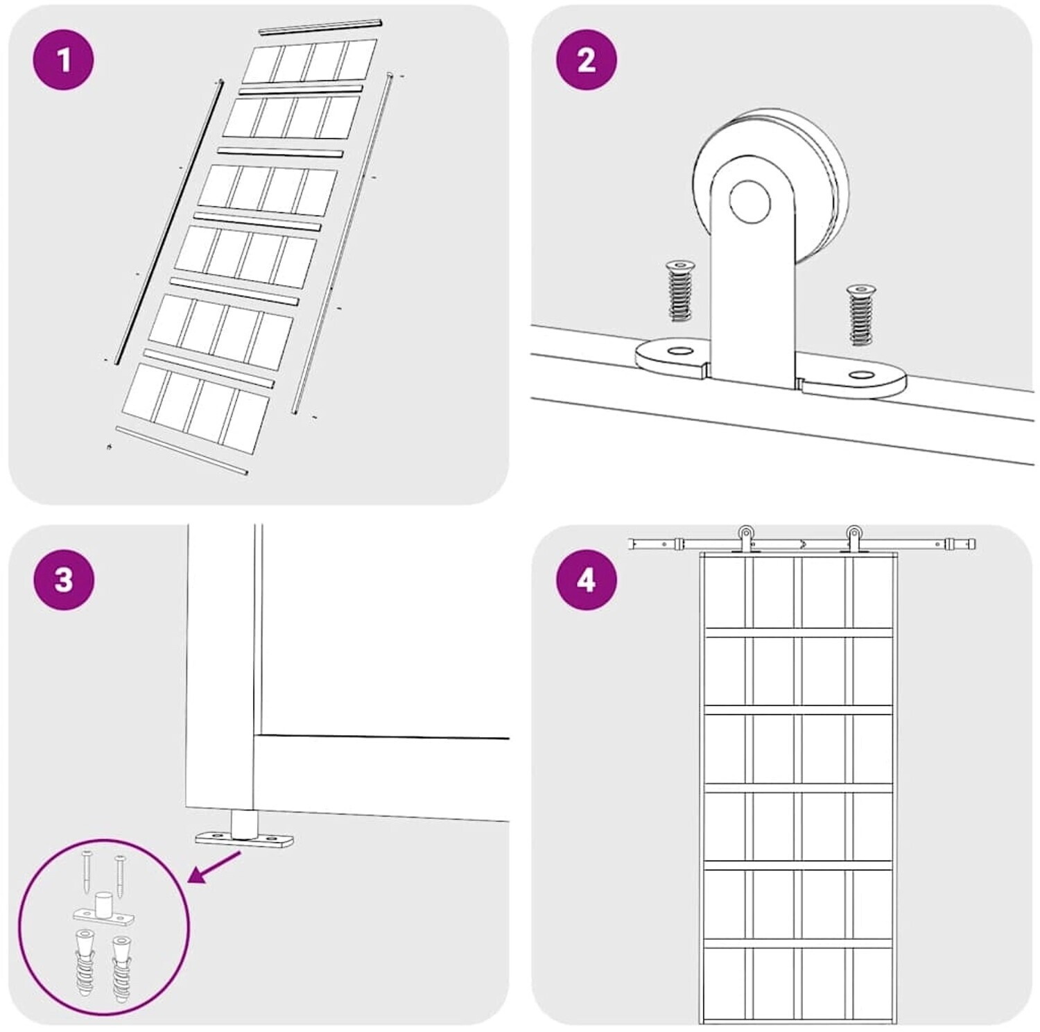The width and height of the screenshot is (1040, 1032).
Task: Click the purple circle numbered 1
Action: pyautogui.click(x=63, y=60)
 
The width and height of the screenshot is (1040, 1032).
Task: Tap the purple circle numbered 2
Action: pyautogui.click(x=586, y=60)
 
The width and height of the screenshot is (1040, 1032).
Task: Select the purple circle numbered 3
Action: pyautogui.click(x=63, y=580)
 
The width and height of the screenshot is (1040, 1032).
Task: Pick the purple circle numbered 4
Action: pyautogui.click(x=586, y=580)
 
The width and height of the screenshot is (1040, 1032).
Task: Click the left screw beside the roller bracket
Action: pyautogui.click(x=681, y=291)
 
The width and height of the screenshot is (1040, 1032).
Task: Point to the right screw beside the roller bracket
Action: pyautogui.click(x=861, y=314)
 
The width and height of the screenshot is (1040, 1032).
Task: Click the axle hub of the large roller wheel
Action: pyautogui.click(x=749, y=202)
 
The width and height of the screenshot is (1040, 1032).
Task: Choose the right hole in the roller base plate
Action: pyautogui.click(x=862, y=375)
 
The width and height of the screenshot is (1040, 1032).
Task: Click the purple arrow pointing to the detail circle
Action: pyautogui.click(x=214, y=868)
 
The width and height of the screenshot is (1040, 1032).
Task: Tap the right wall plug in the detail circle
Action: pyautogui.click(x=122, y=968)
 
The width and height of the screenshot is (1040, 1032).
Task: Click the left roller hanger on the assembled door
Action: pyautogui.click(x=745, y=537)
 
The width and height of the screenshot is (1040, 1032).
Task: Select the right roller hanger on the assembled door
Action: pyautogui.click(x=854, y=537)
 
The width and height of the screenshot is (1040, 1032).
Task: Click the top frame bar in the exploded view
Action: pyautogui.click(x=320, y=26)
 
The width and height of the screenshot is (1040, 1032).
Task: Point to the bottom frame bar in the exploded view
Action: pyautogui.click(x=182, y=451)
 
